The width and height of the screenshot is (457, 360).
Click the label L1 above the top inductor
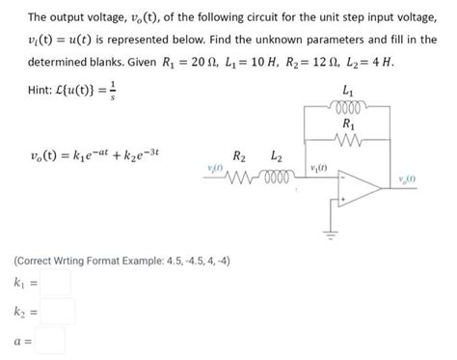click(347, 90)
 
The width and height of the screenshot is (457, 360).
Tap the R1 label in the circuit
click(347, 125)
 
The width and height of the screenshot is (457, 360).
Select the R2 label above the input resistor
click(240, 156)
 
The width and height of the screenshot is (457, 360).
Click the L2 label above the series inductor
click(277, 156)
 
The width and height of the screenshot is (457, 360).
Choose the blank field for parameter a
click(52, 341)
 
